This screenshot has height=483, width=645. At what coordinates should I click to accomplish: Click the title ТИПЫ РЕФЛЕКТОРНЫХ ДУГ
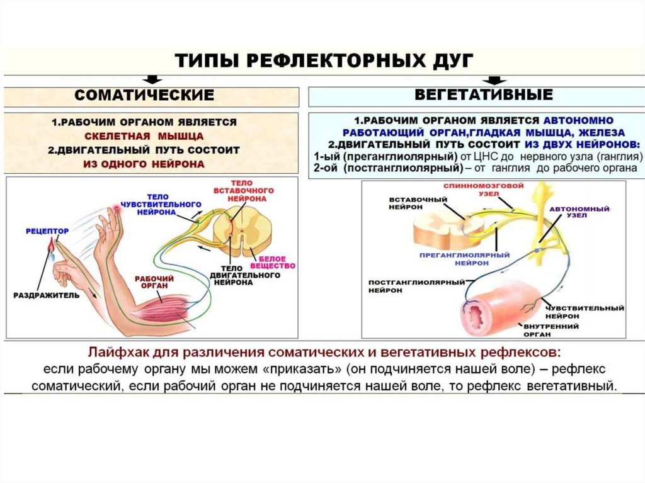pos(322,62)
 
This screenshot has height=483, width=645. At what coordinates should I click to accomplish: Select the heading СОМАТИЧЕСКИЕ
pos(144,96)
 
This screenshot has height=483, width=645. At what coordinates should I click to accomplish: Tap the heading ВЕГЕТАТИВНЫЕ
pos(484,95)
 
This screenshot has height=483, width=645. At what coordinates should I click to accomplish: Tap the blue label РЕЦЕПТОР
pos(47,232)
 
